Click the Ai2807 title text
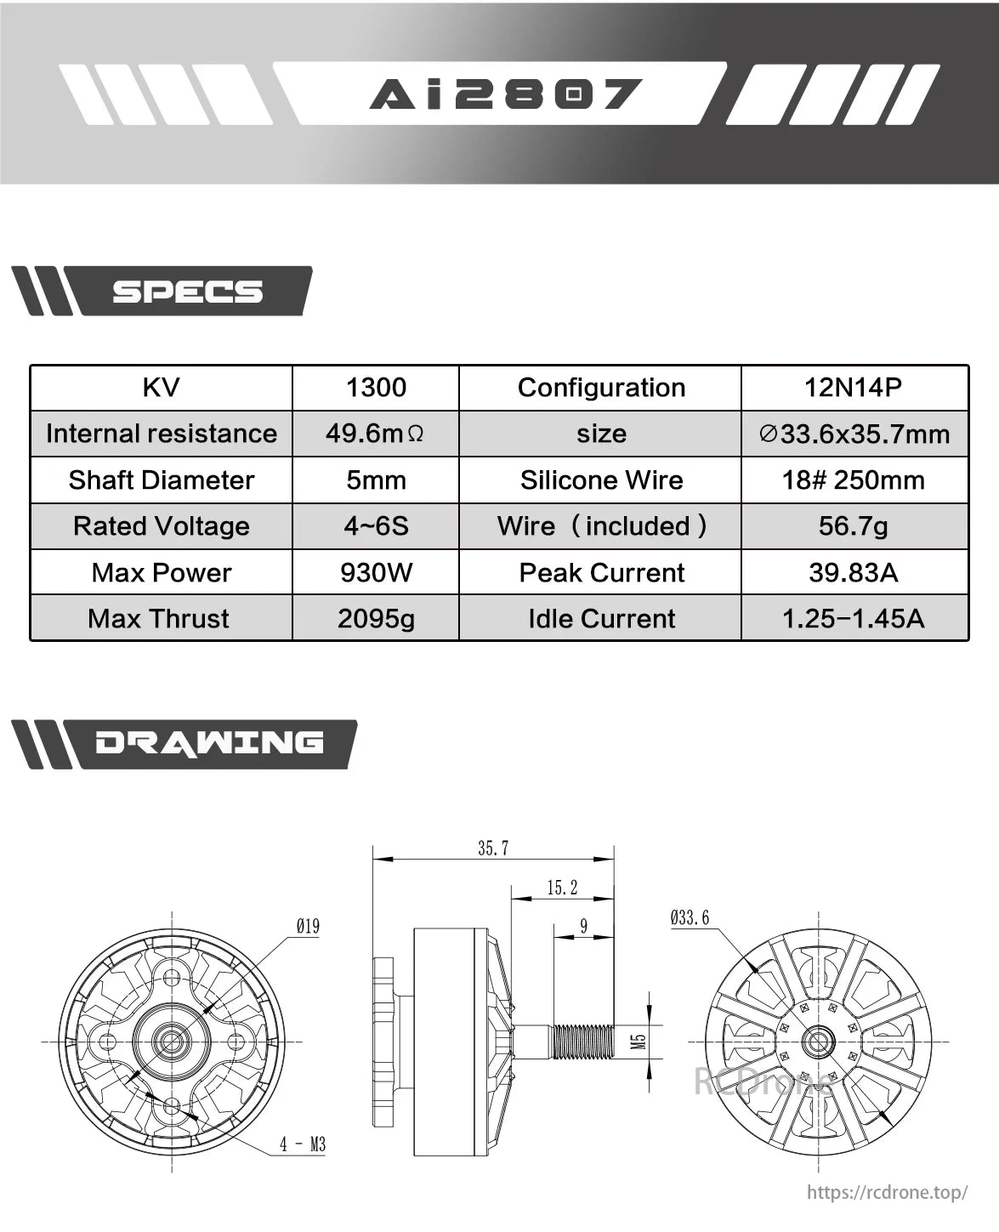505,94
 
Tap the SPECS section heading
187,292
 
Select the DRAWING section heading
209,743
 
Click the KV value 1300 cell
376,388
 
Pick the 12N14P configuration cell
853,388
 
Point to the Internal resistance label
162,434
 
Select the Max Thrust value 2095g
376,618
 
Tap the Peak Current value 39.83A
853,572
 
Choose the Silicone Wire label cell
601,480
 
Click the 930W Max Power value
376,572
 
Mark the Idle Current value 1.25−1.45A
853,618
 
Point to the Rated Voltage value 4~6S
376,526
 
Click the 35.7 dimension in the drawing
493,848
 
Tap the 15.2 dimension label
562,888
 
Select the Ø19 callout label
308,926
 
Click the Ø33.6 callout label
689,917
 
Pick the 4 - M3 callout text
303,1144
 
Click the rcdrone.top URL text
886,1192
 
